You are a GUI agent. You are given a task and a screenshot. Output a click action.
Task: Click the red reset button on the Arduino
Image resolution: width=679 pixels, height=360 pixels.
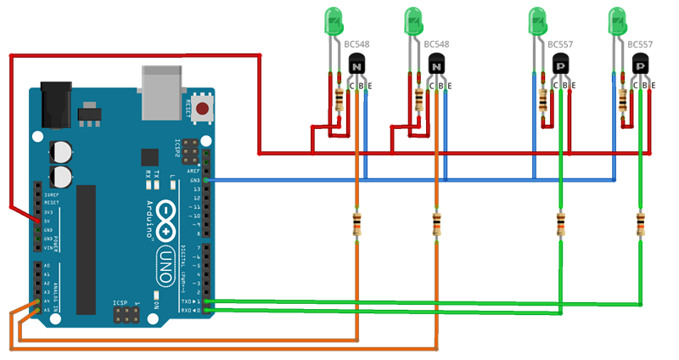point(202,108)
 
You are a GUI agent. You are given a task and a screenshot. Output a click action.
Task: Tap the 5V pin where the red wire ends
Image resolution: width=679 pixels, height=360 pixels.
point(36,221)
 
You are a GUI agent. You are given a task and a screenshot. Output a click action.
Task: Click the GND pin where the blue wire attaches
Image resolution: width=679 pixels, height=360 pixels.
point(207,180)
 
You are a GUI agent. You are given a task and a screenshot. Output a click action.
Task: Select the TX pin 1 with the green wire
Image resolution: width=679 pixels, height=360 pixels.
point(207,301)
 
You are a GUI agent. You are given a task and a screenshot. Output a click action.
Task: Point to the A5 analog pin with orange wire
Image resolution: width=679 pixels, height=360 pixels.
point(36,310)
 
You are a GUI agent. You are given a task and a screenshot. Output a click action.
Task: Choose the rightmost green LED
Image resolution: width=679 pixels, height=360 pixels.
point(618,22)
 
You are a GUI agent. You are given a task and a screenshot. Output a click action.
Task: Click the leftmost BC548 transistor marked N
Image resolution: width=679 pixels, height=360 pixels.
point(357,64)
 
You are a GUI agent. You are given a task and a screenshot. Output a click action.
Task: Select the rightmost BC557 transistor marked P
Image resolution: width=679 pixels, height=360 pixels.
point(641,64)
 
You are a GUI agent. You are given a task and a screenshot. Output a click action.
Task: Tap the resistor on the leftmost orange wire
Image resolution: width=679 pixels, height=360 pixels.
point(356,225)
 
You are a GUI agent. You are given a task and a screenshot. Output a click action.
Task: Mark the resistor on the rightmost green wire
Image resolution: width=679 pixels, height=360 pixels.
point(640,225)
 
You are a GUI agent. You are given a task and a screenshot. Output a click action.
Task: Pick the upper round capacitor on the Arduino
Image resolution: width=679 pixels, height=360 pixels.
point(60,150)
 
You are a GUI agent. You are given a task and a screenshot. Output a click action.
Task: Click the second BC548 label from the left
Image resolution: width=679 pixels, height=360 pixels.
point(436,43)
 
